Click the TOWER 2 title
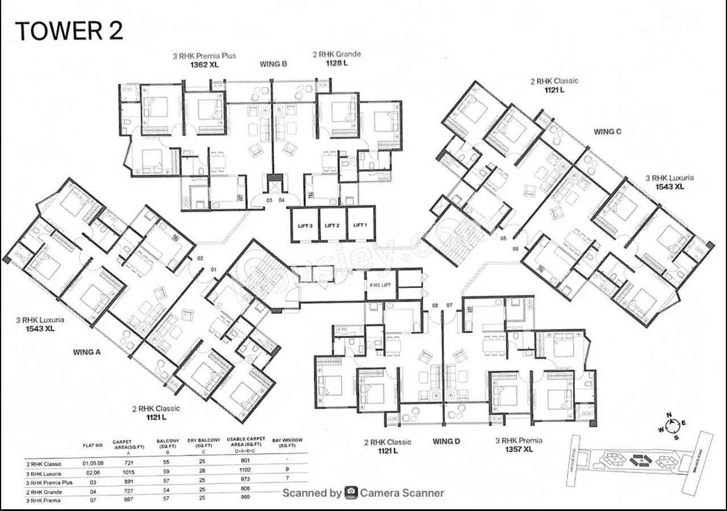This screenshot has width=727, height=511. [x=69, y=31]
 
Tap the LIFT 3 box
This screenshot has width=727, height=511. [x=304, y=225]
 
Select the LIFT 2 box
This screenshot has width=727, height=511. [x=332, y=225]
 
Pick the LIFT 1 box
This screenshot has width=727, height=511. [x=360, y=225]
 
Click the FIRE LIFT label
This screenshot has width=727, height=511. [x=381, y=284]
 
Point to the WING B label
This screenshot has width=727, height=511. [x=273, y=64]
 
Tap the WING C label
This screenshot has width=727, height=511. [x=607, y=132]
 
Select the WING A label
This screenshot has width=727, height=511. [x=87, y=352]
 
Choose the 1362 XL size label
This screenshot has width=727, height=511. [x=204, y=65]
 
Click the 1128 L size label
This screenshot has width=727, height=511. [x=336, y=63]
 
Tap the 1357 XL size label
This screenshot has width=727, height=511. [x=519, y=450]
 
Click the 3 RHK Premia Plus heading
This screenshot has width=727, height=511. [x=204, y=56]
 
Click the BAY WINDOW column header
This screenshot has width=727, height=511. [x=287, y=443]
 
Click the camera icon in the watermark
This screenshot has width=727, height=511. [x=351, y=493]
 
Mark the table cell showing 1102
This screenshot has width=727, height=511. [x=245, y=470]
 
